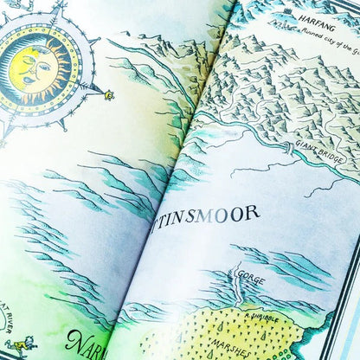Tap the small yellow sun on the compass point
click(109, 94)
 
